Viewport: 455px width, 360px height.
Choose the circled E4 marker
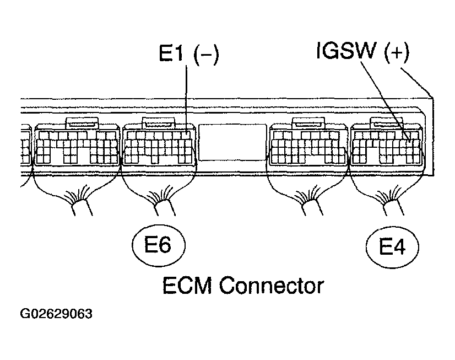coord(393,247)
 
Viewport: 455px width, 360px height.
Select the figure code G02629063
coord(56,315)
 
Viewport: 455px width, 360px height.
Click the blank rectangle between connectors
coord(232,142)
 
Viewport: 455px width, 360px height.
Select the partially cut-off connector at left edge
coord(25,146)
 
